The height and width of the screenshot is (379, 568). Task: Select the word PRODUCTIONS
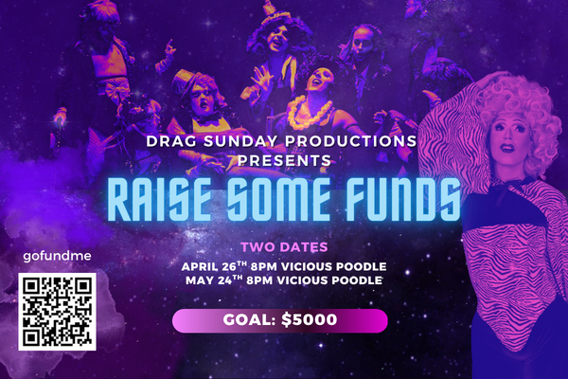click(x=350, y=141)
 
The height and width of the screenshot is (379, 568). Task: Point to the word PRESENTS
click(x=285, y=160)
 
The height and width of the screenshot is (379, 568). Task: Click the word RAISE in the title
click(x=159, y=200)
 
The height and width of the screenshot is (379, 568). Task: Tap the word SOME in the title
click(x=278, y=200)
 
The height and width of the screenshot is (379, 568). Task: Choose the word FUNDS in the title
click(x=402, y=200)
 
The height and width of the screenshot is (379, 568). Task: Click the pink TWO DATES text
click(x=284, y=247)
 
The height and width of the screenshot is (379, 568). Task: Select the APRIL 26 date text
click(x=214, y=266)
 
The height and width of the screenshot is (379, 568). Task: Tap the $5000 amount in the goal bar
click(x=310, y=319)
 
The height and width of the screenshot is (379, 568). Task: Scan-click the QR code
click(x=57, y=312)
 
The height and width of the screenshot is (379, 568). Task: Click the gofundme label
click(x=57, y=257)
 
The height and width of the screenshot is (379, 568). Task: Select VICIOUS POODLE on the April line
click(x=334, y=266)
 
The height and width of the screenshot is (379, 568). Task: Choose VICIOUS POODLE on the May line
click(x=329, y=280)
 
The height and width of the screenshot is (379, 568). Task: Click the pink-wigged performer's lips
click(x=507, y=148)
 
